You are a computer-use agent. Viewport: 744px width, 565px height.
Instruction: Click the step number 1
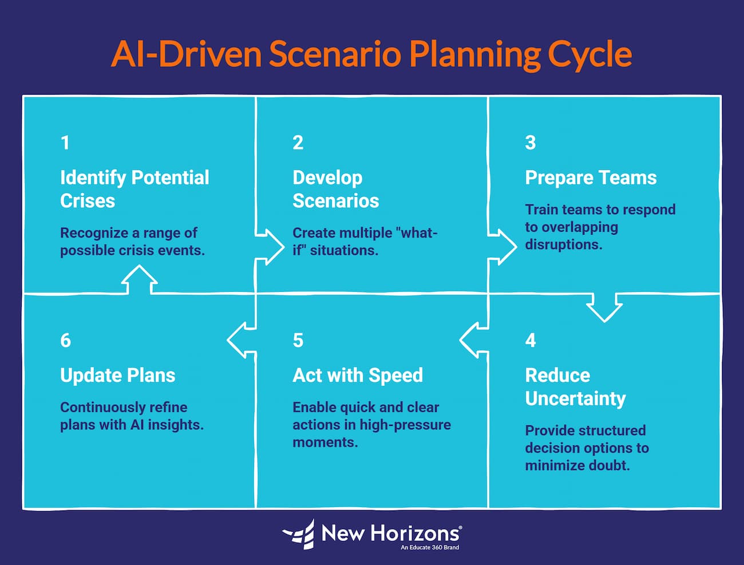pyautogui.click(x=65, y=143)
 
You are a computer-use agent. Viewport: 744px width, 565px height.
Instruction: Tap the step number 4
pyautogui.click(x=531, y=341)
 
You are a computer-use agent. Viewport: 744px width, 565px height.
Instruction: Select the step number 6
pyautogui.click(x=66, y=341)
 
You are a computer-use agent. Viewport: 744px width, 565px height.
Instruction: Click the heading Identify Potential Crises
pyautogui.click(x=134, y=189)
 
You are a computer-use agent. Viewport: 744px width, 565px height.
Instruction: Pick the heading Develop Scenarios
pyautogui.click(x=335, y=189)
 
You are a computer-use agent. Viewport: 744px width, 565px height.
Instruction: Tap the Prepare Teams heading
pyautogui.click(x=591, y=177)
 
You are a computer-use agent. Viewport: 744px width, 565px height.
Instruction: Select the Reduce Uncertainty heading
pyautogui.click(x=575, y=387)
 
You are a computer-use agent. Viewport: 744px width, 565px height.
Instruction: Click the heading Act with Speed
pyautogui.click(x=358, y=376)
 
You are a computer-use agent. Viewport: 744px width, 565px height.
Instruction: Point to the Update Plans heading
pyautogui.click(x=117, y=376)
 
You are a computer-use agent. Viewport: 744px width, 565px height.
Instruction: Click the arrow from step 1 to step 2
pyautogui.click(x=269, y=247)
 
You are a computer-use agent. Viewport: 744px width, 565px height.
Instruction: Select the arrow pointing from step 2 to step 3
pyautogui.click(x=502, y=247)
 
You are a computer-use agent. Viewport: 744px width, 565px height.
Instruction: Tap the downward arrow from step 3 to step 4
pyautogui.click(x=604, y=307)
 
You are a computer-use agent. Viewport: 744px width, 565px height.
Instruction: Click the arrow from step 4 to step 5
pyautogui.click(x=474, y=340)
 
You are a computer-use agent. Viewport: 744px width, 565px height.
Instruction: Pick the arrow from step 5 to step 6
pyautogui.click(x=242, y=340)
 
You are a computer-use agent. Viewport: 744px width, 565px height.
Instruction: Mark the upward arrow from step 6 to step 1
pyautogui.click(x=139, y=280)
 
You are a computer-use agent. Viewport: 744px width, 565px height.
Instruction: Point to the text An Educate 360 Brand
pyautogui.click(x=429, y=548)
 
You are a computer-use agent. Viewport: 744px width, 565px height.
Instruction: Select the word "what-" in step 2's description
pyautogui.click(x=416, y=233)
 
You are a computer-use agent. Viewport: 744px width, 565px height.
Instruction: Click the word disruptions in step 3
pyautogui.click(x=563, y=244)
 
